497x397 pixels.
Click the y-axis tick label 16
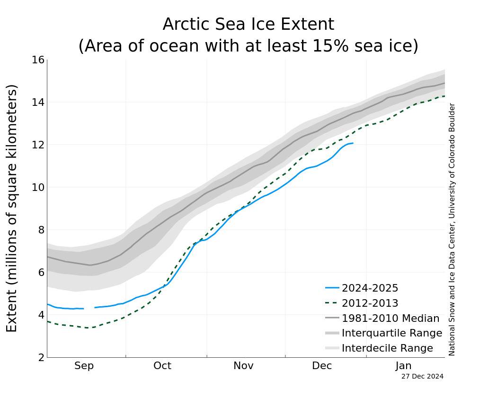pyautogui.click(x=38, y=60)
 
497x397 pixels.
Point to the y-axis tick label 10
pyautogui.click(x=38, y=188)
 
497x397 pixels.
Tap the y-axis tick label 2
pyautogui.click(x=41, y=358)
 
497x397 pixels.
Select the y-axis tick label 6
pyautogui.click(x=41, y=273)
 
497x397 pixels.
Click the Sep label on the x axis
pyautogui.click(x=84, y=366)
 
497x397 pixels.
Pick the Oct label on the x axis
pyautogui.click(x=162, y=366)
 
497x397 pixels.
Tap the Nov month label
pyautogui.click(x=243, y=366)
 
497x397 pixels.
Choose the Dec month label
pyautogui.click(x=322, y=366)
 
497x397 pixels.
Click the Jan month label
pyautogui.click(x=404, y=366)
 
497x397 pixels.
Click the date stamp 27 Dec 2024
pyautogui.click(x=422, y=377)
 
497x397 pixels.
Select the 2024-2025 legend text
pyautogui.click(x=370, y=288)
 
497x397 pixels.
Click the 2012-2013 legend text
pyautogui.click(x=370, y=303)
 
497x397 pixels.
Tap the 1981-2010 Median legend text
pyautogui.click(x=390, y=319)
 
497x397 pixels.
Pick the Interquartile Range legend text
pyautogui.click(x=392, y=333)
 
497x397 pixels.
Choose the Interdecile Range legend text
pyautogui.click(x=387, y=348)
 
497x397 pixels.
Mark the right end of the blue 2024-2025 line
pyautogui.click(x=353, y=143)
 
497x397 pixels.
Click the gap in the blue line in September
pyautogui.click(x=89, y=308)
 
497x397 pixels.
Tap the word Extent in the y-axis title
pyautogui.click(x=12, y=310)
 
